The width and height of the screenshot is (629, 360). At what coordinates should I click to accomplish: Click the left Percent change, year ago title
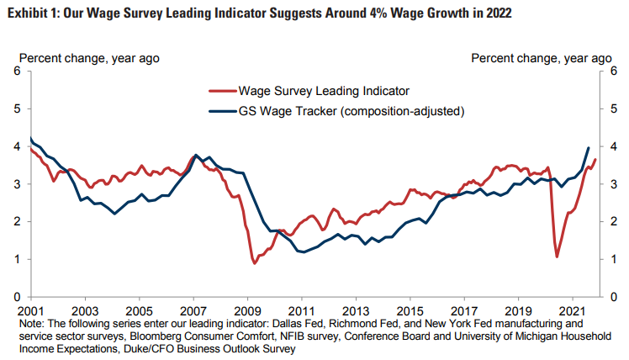tap(89, 58)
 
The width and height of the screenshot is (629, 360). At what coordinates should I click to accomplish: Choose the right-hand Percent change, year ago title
tap(541, 58)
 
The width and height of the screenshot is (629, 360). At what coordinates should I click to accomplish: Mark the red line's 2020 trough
tap(557, 257)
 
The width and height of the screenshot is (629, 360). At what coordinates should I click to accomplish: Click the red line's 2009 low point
tap(255, 263)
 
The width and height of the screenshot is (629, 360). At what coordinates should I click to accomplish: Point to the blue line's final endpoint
tap(588, 147)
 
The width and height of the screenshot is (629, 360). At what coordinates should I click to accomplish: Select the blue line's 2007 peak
tap(196, 156)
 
